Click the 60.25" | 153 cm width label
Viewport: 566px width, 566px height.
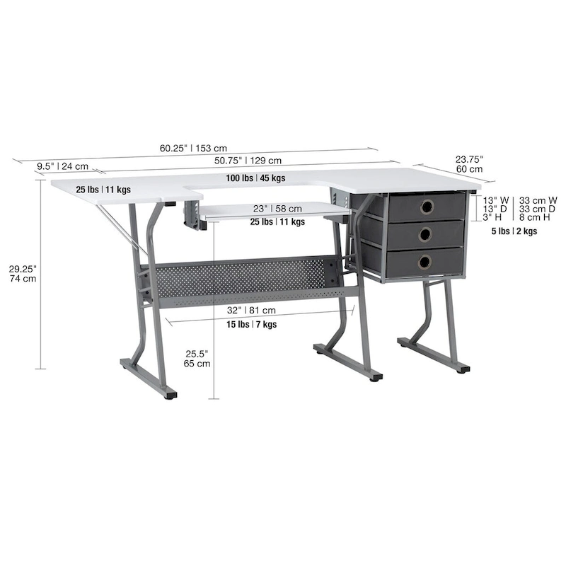tap(193, 149)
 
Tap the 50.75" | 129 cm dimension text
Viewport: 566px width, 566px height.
tap(248, 161)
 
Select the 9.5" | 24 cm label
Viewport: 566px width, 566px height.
tap(62, 167)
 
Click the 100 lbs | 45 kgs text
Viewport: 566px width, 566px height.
tap(255, 178)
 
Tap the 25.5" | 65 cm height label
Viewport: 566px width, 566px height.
tap(197, 358)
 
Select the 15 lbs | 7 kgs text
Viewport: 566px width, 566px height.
tap(251, 325)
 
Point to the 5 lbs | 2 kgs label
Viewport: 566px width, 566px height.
tap(514, 231)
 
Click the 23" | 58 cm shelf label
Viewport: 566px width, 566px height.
tap(278, 209)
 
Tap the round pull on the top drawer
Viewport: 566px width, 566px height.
tap(427, 207)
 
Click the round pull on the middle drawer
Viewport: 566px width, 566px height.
tap(425, 235)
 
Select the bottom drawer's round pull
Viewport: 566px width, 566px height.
tap(424, 262)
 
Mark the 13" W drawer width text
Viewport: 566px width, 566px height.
tap(495, 200)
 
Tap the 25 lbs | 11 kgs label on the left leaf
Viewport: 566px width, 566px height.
tap(103, 190)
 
